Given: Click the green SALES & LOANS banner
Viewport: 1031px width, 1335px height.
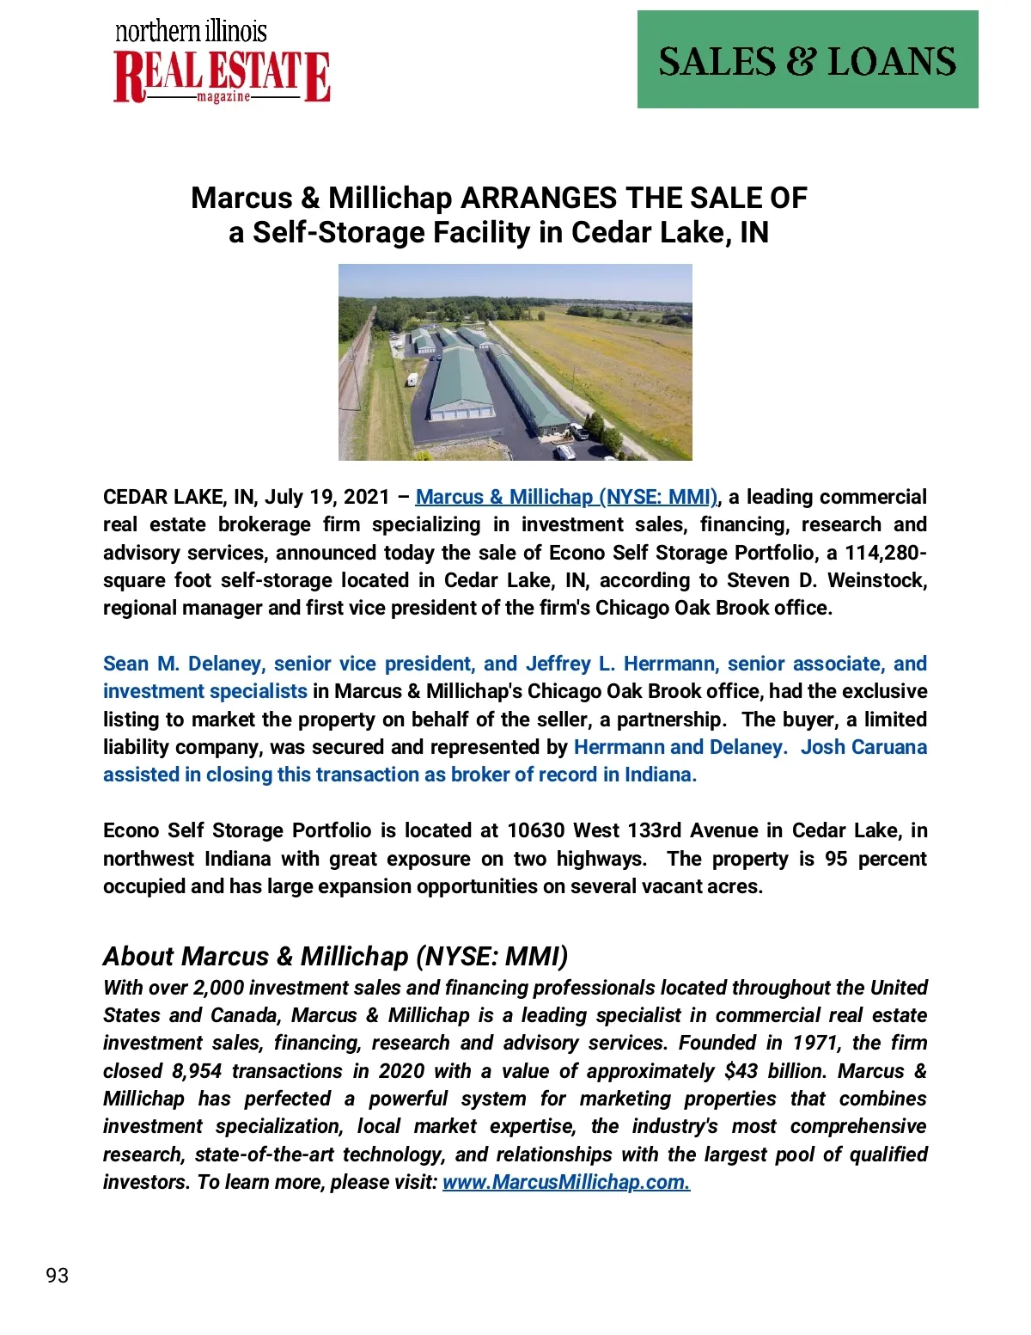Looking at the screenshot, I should click(807, 60).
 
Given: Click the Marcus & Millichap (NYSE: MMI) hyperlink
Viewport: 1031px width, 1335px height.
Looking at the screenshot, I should click(566, 497).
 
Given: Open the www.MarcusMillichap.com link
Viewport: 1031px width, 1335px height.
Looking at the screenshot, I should click(565, 1182).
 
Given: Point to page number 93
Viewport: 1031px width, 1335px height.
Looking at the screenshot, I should click(58, 1275).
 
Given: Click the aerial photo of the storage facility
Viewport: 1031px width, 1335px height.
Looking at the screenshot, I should click(515, 362).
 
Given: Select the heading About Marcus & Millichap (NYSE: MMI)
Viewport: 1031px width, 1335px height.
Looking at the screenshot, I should click(335, 956).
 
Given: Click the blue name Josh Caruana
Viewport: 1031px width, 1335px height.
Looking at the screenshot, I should click(863, 747).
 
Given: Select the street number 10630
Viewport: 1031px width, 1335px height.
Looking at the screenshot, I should click(535, 830).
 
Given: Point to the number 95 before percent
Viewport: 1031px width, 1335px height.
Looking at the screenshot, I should click(836, 859).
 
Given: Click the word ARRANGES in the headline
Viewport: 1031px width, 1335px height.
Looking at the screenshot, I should click(539, 198).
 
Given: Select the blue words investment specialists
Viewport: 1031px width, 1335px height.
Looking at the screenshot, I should click(204, 691).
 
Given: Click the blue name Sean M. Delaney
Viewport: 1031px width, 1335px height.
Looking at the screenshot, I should click(182, 664).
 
